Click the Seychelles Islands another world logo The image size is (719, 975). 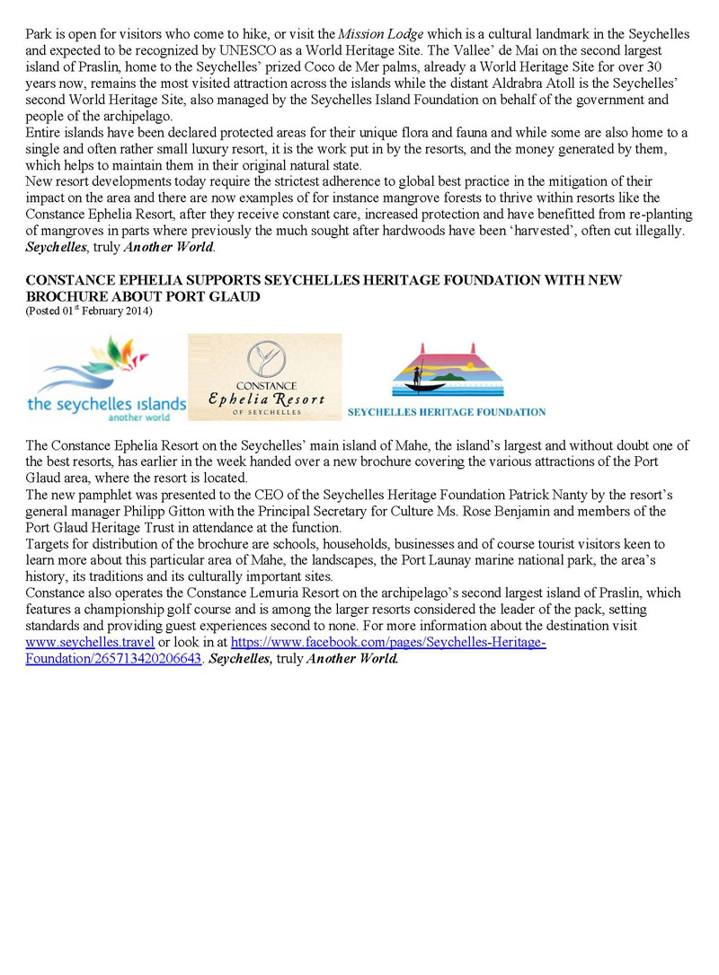click(106, 378)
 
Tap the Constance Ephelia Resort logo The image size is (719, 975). click(265, 377)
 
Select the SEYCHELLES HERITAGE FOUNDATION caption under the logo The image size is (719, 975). click(447, 412)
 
